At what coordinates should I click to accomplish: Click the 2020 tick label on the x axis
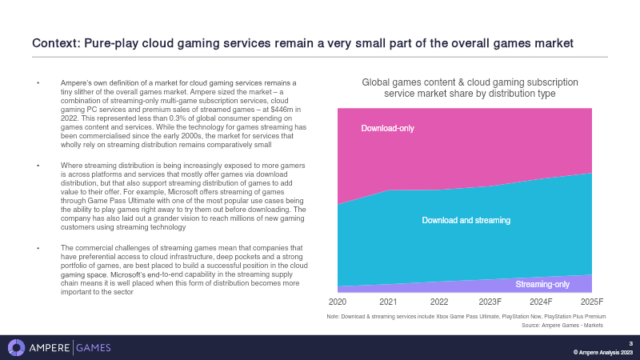338,302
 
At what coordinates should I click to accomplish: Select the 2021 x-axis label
388,302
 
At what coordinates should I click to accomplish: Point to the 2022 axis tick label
439,302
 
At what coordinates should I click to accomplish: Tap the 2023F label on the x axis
490,302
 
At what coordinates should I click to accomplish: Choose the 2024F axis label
541,302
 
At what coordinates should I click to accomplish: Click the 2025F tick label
591,302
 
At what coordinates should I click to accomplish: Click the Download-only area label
387,128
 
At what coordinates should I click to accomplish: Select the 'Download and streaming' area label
466,219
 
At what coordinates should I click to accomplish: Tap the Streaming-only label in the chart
542,284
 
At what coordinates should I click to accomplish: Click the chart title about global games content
470,88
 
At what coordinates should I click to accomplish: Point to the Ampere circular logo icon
17,347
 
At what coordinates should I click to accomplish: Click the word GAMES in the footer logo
94,347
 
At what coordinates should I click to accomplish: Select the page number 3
630,343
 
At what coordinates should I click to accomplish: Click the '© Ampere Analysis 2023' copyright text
603,353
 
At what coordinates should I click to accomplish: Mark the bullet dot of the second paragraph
38,165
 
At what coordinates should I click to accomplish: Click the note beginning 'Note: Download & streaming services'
466,318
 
